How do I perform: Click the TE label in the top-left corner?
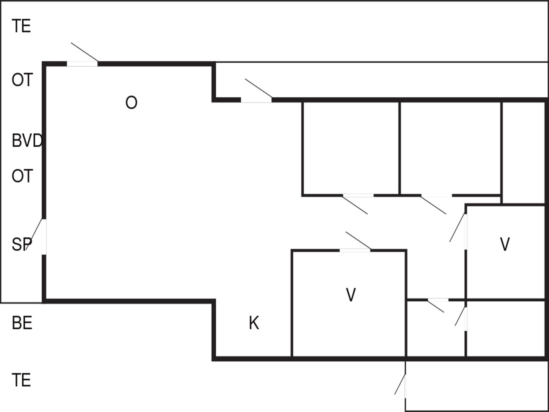21,26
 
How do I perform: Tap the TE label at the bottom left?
21,380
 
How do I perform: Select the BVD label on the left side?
27,141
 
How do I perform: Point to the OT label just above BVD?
22,80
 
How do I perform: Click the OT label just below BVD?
22,176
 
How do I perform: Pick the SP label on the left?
22,245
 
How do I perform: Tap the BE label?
22,323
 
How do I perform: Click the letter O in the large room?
131,102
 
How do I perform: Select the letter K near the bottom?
254,323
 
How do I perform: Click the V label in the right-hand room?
505,244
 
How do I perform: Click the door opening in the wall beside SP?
44,237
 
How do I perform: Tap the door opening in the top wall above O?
82,64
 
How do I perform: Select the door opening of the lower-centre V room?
355,251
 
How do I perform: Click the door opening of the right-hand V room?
466,231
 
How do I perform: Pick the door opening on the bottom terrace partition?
405,386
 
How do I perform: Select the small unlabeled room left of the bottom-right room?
435,329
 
